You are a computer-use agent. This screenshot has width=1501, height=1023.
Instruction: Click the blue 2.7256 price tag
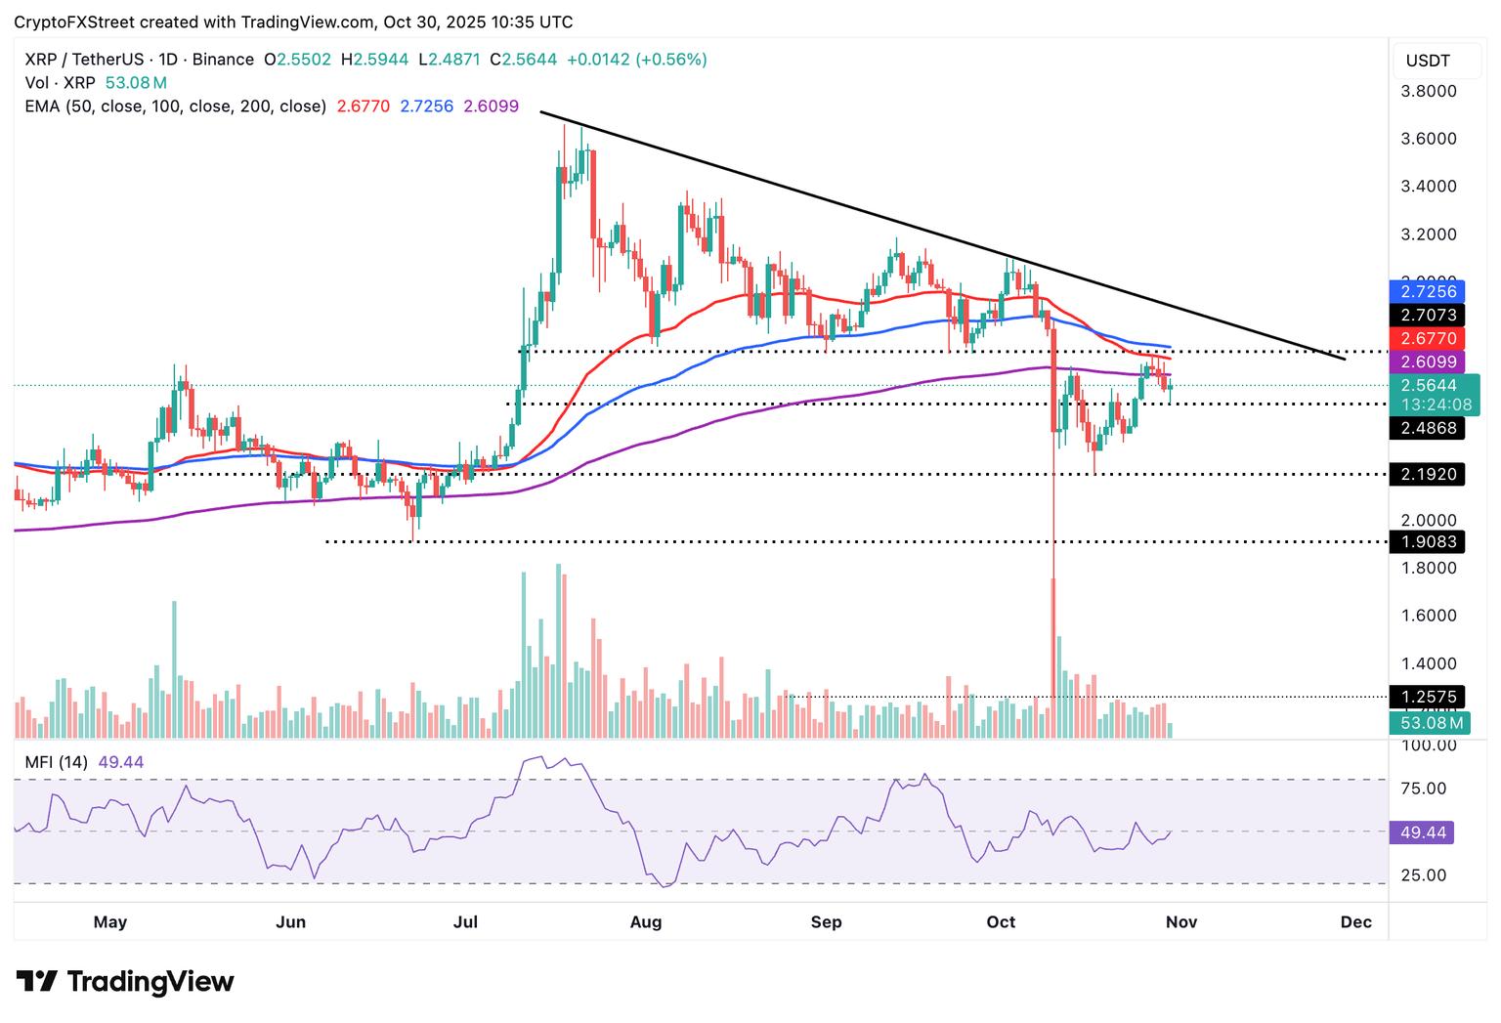click(x=1428, y=291)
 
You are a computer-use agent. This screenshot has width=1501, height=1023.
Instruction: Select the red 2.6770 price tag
click(x=1428, y=338)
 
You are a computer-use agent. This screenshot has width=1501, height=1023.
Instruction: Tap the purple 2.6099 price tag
click(x=1428, y=362)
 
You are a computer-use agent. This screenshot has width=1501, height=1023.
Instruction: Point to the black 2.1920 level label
click(x=1428, y=474)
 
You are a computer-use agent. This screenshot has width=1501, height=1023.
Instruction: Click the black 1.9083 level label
click(x=1428, y=541)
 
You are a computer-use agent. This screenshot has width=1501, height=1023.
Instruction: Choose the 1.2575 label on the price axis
click(x=1428, y=697)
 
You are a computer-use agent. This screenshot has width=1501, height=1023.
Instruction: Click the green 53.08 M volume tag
click(x=1428, y=723)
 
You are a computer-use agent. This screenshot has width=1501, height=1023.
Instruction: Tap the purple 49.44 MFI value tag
click(x=1428, y=832)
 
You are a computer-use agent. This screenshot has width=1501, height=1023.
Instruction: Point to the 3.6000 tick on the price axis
click(x=1428, y=139)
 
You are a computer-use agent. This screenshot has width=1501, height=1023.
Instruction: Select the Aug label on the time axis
click(x=646, y=921)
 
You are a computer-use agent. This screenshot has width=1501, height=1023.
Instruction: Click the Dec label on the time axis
click(x=1356, y=921)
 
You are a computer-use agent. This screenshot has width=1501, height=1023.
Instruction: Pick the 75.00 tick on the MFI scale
click(x=1424, y=789)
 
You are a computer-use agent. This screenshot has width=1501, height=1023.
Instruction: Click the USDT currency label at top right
click(x=1428, y=61)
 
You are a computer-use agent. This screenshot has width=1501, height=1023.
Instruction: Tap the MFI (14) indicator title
click(x=57, y=762)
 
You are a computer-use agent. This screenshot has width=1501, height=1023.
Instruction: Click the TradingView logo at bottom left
click(x=125, y=981)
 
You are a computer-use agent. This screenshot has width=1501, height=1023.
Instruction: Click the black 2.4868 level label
click(x=1428, y=428)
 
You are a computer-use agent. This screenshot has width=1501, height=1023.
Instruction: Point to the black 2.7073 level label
click(x=1428, y=315)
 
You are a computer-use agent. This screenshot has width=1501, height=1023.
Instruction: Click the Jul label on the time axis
click(x=466, y=921)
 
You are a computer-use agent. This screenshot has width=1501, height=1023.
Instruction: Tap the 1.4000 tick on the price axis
click(x=1428, y=663)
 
